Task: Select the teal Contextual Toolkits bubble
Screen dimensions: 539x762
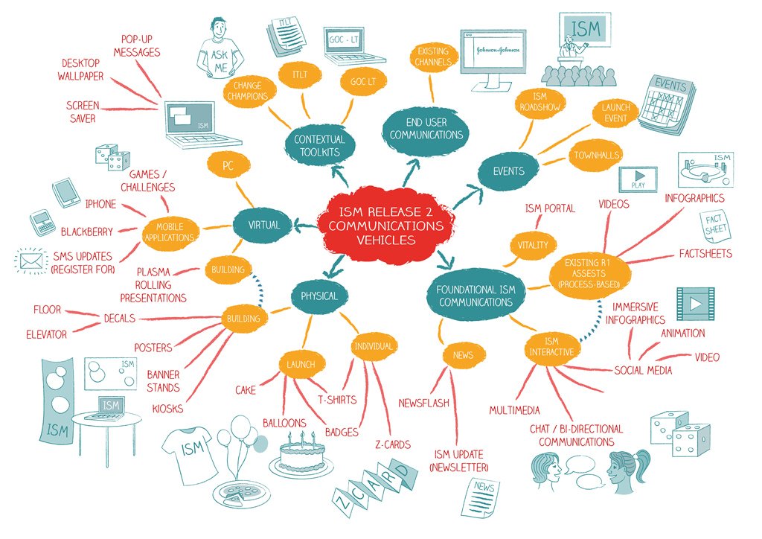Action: (x=319, y=145)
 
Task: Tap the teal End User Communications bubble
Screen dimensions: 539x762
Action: (x=426, y=127)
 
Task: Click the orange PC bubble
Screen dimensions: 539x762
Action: (x=228, y=166)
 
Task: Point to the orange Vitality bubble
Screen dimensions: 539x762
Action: (x=532, y=245)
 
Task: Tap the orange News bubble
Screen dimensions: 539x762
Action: (x=463, y=355)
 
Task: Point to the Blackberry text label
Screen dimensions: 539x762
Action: (x=86, y=232)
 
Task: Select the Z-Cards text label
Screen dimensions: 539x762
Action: (x=392, y=445)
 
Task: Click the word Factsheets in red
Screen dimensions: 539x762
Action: (x=705, y=253)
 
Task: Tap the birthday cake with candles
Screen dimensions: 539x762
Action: (x=301, y=453)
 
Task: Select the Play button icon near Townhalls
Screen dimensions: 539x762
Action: (x=638, y=179)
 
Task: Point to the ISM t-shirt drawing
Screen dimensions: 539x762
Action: (x=190, y=451)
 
